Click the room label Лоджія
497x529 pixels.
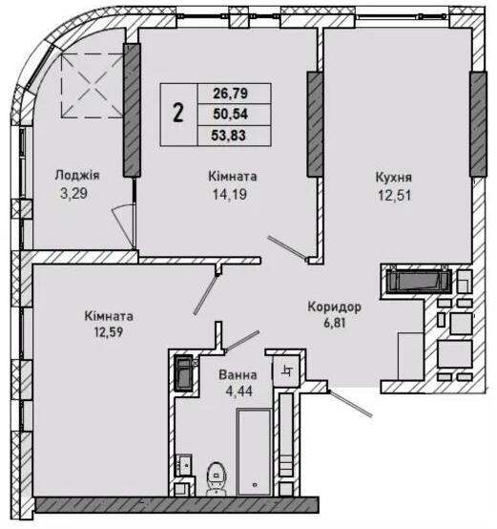(77, 176)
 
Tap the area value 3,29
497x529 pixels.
(73, 193)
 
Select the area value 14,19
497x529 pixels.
(230, 195)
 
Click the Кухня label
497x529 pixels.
(394, 178)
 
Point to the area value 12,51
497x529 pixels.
(394, 196)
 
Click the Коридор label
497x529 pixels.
(335, 307)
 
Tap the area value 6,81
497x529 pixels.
(335, 323)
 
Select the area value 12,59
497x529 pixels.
(109, 332)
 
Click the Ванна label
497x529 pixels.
(238, 375)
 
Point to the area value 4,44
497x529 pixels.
(238, 391)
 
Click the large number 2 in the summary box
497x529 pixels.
(178, 113)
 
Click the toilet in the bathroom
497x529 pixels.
(217, 478)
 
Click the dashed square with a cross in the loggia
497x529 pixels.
(92, 86)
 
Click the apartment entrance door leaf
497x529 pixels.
(350, 404)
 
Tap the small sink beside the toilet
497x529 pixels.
(184, 465)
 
